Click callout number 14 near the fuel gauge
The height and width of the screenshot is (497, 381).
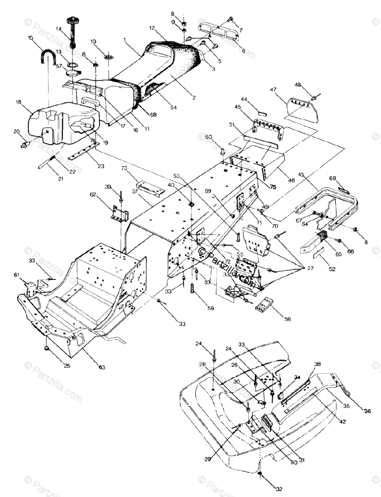click(58, 29)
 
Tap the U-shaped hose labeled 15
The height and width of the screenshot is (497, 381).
click(49, 53)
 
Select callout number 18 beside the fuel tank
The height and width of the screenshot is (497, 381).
click(18, 101)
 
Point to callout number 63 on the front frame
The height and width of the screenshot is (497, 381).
click(101, 367)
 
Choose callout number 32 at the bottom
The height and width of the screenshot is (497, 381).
click(279, 489)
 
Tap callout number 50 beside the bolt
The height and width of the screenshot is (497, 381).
click(208, 137)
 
